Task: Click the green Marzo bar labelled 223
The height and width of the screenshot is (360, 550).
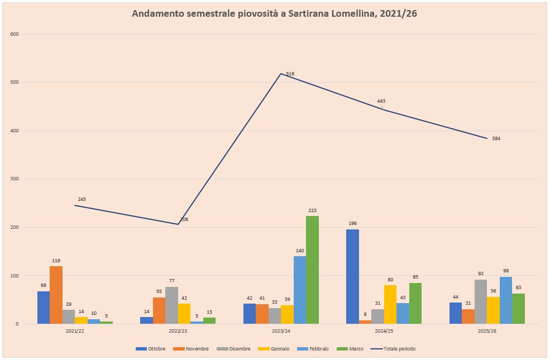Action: tap(312, 270)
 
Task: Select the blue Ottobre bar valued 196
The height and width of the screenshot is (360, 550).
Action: tap(352, 276)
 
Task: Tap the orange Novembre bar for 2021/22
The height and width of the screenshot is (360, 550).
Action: tap(56, 295)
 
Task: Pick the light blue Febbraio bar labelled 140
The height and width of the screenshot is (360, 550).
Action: tap(300, 290)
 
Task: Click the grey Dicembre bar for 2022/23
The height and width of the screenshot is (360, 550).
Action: tap(171, 305)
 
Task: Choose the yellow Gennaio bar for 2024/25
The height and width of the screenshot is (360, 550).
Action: tap(390, 304)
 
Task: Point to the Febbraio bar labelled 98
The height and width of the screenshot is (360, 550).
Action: tap(506, 300)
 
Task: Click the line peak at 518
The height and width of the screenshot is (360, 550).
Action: tap(281, 74)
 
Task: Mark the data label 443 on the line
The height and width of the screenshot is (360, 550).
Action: tap(381, 101)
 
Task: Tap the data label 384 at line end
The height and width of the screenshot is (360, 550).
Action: tap(496, 138)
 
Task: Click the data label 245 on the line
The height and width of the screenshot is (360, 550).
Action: tap(82, 199)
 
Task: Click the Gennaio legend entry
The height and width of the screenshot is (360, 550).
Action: tap(274, 349)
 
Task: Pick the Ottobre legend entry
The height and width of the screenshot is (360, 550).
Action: tap(150, 349)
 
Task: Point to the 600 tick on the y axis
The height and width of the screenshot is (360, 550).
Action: tap(15, 34)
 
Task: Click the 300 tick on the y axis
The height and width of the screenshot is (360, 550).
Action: tap(15, 179)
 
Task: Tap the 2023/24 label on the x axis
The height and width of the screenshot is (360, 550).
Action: tap(281, 331)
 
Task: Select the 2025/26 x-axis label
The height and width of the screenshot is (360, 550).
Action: tap(487, 331)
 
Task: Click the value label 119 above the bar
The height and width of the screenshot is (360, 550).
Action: tap(56, 261)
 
